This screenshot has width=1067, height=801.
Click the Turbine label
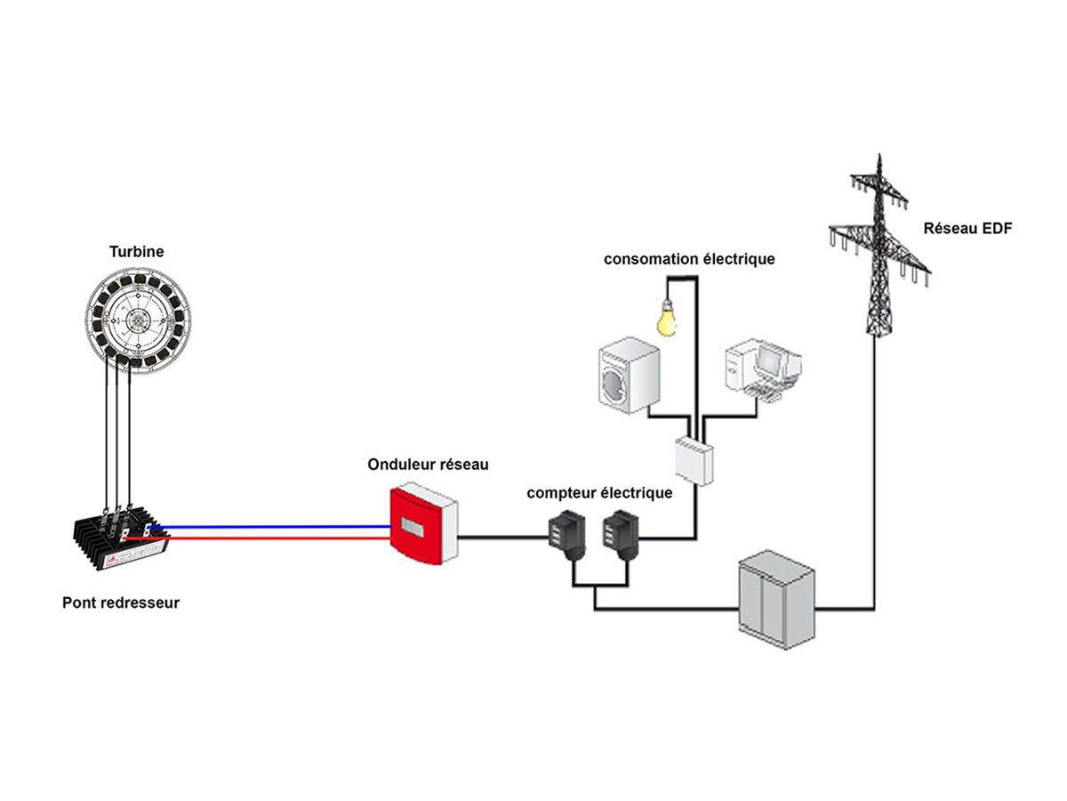pos(136,252)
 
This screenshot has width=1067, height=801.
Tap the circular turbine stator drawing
pos(140,320)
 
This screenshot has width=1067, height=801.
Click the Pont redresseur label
pos(121,603)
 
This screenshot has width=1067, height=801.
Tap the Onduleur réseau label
pos(428,465)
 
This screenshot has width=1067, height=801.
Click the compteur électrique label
pos(599,492)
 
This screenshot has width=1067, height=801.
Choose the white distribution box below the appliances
pos(694,459)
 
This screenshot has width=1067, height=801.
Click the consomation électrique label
pos(689,259)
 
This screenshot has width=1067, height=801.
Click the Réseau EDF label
pos(967,228)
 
